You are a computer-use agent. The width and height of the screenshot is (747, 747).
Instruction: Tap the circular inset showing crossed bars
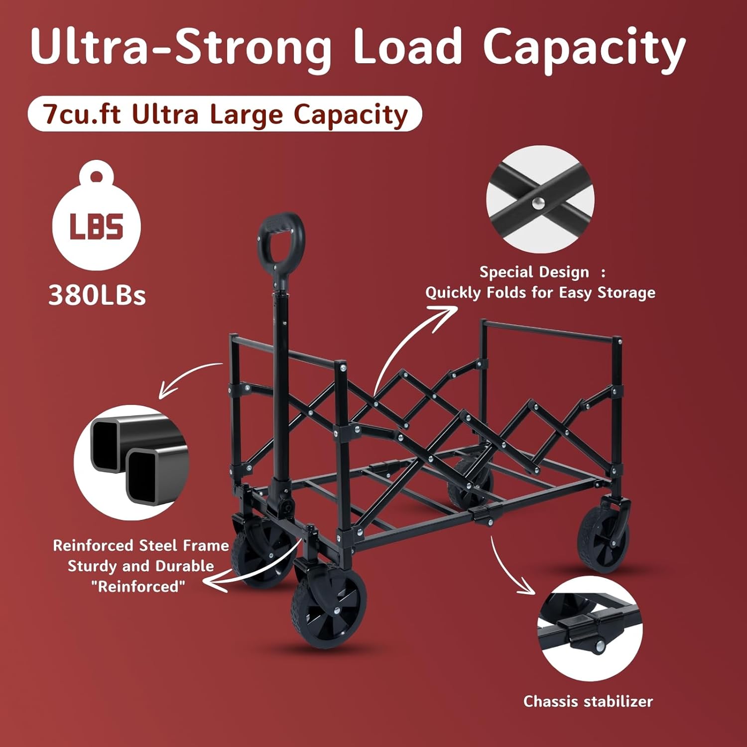click(540, 199)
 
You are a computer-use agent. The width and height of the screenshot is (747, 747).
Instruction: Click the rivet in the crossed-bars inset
click(538, 203)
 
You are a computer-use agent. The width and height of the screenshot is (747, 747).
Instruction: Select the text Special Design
click(534, 272)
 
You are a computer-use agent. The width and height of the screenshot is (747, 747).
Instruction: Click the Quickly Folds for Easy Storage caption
click(540, 292)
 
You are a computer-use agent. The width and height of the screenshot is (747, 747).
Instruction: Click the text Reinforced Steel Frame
click(141, 545)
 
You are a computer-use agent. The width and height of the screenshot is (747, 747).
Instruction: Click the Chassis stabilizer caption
click(588, 701)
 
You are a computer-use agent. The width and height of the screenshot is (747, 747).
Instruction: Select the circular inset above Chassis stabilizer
click(590, 628)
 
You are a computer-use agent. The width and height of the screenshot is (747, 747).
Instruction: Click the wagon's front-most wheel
click(328, 609)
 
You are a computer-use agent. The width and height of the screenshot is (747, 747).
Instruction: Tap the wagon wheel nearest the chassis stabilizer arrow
click(604, 539)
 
